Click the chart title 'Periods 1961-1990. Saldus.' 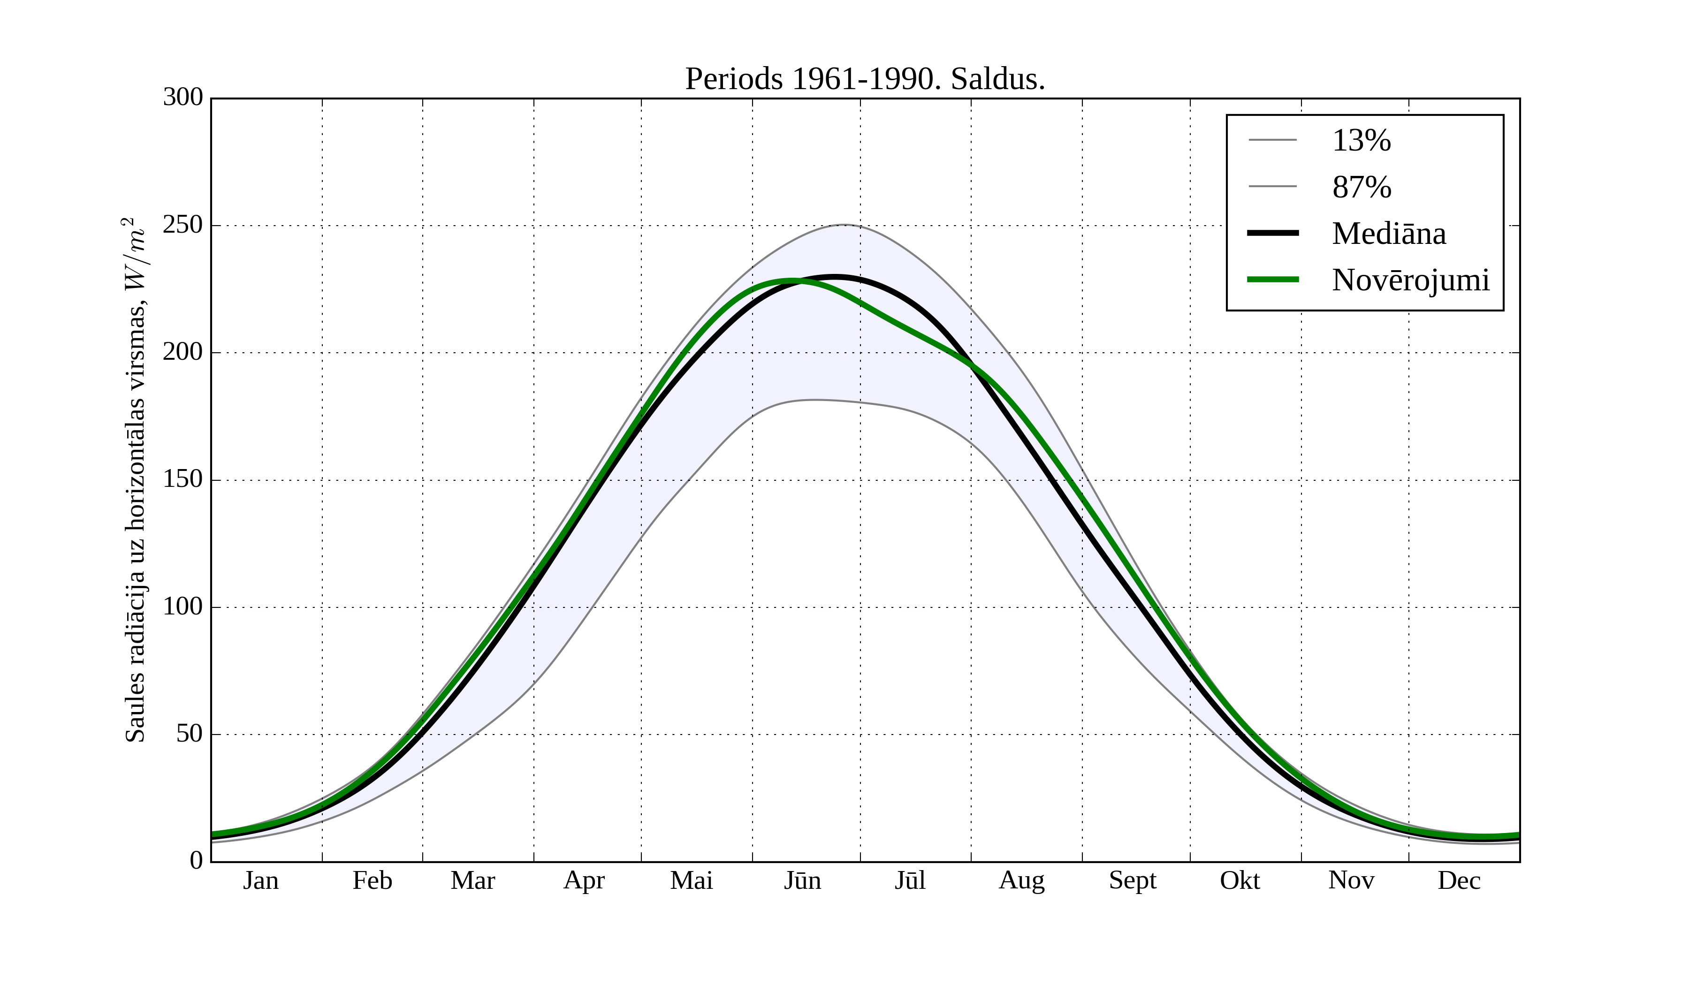865,79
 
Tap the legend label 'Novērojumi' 1410,280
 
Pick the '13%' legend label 1361,141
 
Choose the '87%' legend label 1361,187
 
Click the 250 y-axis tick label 183,225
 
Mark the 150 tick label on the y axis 183,480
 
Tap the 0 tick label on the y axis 196,860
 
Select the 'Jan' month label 261,880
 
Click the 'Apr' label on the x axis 584,880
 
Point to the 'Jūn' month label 802,880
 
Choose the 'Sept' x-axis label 1133,880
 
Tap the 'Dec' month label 1459,880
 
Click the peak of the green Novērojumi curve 793,280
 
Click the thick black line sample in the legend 1273,233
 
